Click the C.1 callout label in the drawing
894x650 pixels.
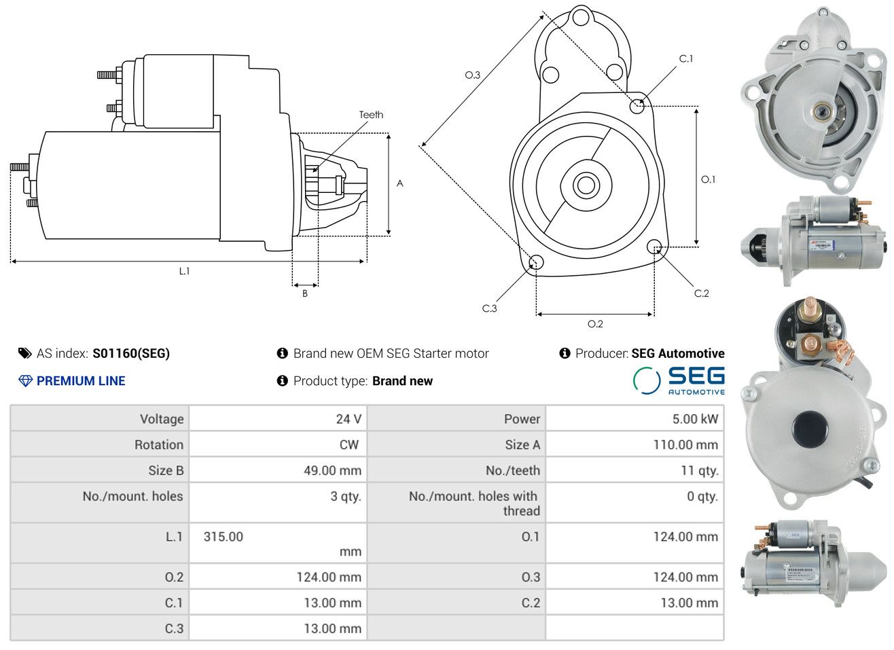point(686,59)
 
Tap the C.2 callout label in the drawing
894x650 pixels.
point(701,293)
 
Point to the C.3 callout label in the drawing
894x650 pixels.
point(489,308)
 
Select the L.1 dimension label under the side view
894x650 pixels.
point(184,271)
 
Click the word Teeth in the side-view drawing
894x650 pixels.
point(371,115)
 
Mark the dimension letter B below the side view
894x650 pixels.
point(305,293)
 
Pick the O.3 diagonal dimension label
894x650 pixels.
point(472,75)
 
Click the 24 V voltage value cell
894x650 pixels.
point(348,419)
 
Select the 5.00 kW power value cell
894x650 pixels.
point(695,419)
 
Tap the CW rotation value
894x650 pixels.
point(348,445)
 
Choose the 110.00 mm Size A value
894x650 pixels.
point(685,445)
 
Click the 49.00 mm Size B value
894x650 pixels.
point(332,471)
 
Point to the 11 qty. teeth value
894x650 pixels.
point(699,471)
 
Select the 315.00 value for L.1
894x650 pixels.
point(224,537)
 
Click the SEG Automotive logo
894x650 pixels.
point(679,380)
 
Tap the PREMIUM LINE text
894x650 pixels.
point(81,381)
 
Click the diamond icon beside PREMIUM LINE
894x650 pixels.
point(25,381)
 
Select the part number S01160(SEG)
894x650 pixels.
point(131,353)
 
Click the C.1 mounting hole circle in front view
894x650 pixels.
point(637,105)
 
